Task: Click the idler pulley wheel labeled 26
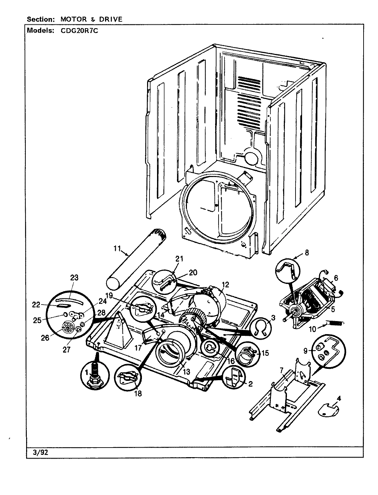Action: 69,329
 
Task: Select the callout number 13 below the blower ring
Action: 186,372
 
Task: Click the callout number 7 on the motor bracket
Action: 281,370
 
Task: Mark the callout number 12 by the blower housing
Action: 225,285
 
